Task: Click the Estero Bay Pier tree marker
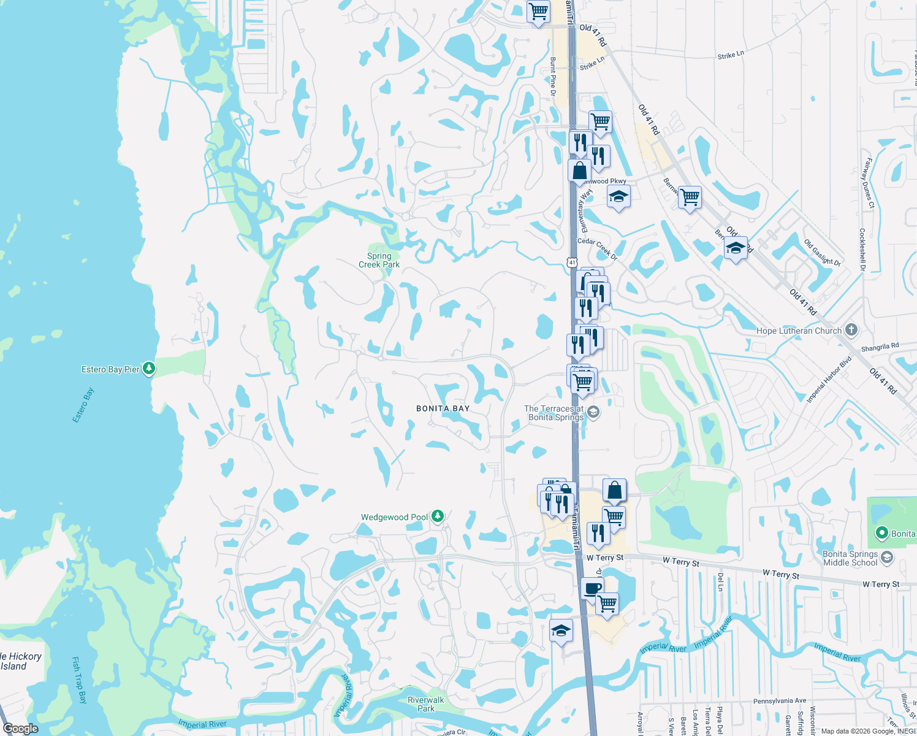(x=149, y=369)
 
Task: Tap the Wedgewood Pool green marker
(x=437, y=516)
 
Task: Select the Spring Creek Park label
(x=379, y=260)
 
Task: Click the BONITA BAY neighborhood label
(x=443, y=408)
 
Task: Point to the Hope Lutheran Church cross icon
(x=851, y=330)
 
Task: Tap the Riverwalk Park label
(x=426, y=704)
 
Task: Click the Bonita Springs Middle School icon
(x=887, y=558)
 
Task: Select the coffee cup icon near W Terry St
(x=592, y=589)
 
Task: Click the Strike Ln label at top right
(x=731, y=55)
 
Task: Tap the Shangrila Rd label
(x=880, y=347)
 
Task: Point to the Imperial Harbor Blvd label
(x=829, y=379)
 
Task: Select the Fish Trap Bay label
(x=80, y=680)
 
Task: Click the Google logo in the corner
(x=20, y=729)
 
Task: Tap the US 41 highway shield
(x=572, y=262)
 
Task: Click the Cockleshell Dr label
(x=862, y=250)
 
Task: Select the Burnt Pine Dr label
(x=553, y=77)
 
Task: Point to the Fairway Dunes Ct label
(x=868, y=183)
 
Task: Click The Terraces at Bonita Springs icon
(x=593, y=412)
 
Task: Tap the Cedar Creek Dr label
(x=597, y=248)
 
